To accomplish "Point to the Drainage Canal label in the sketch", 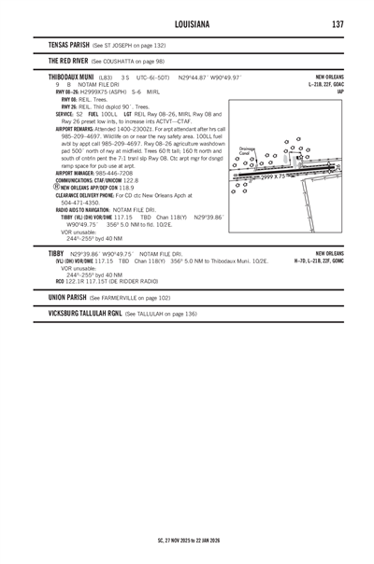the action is tap(249, 150).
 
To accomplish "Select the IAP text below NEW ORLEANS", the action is tap(340, 91).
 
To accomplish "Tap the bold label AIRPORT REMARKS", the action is tap(79, 128).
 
